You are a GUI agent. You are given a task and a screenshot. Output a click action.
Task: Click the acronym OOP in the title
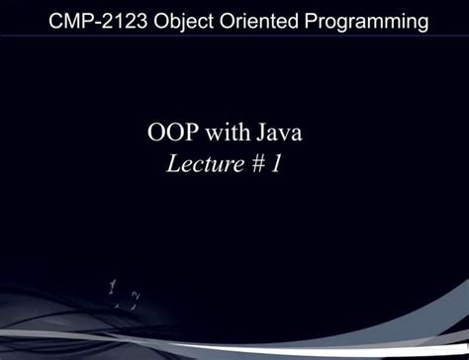coord(175,135)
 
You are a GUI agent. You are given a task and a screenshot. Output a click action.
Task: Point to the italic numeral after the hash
coord(275,164)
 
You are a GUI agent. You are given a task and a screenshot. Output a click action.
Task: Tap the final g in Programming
coord(422,22)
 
